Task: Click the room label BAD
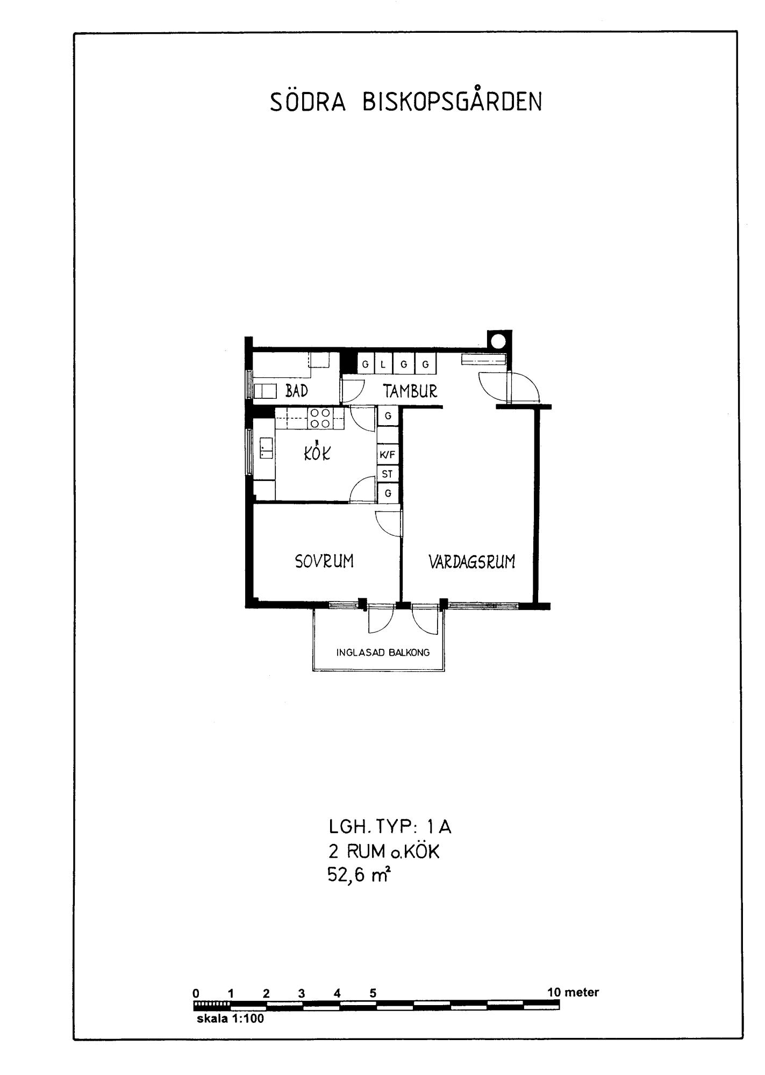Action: click(297, 391)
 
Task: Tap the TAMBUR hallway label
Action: click(410, 391)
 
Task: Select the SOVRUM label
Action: click(324, 561)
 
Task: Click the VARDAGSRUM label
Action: click(471, 562)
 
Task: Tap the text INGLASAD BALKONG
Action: click(383, 653)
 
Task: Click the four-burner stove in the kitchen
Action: click(319, 418)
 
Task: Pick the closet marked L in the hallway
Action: click(383, 364)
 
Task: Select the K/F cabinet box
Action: click(388, 455)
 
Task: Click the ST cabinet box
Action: click(388, 474)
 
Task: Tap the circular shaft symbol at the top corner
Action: click(498, 341)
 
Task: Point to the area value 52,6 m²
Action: click(359, 876)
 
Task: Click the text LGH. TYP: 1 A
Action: click(390, 827)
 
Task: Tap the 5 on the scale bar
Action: click(373, 993)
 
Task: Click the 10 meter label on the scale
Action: click(573, 992)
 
